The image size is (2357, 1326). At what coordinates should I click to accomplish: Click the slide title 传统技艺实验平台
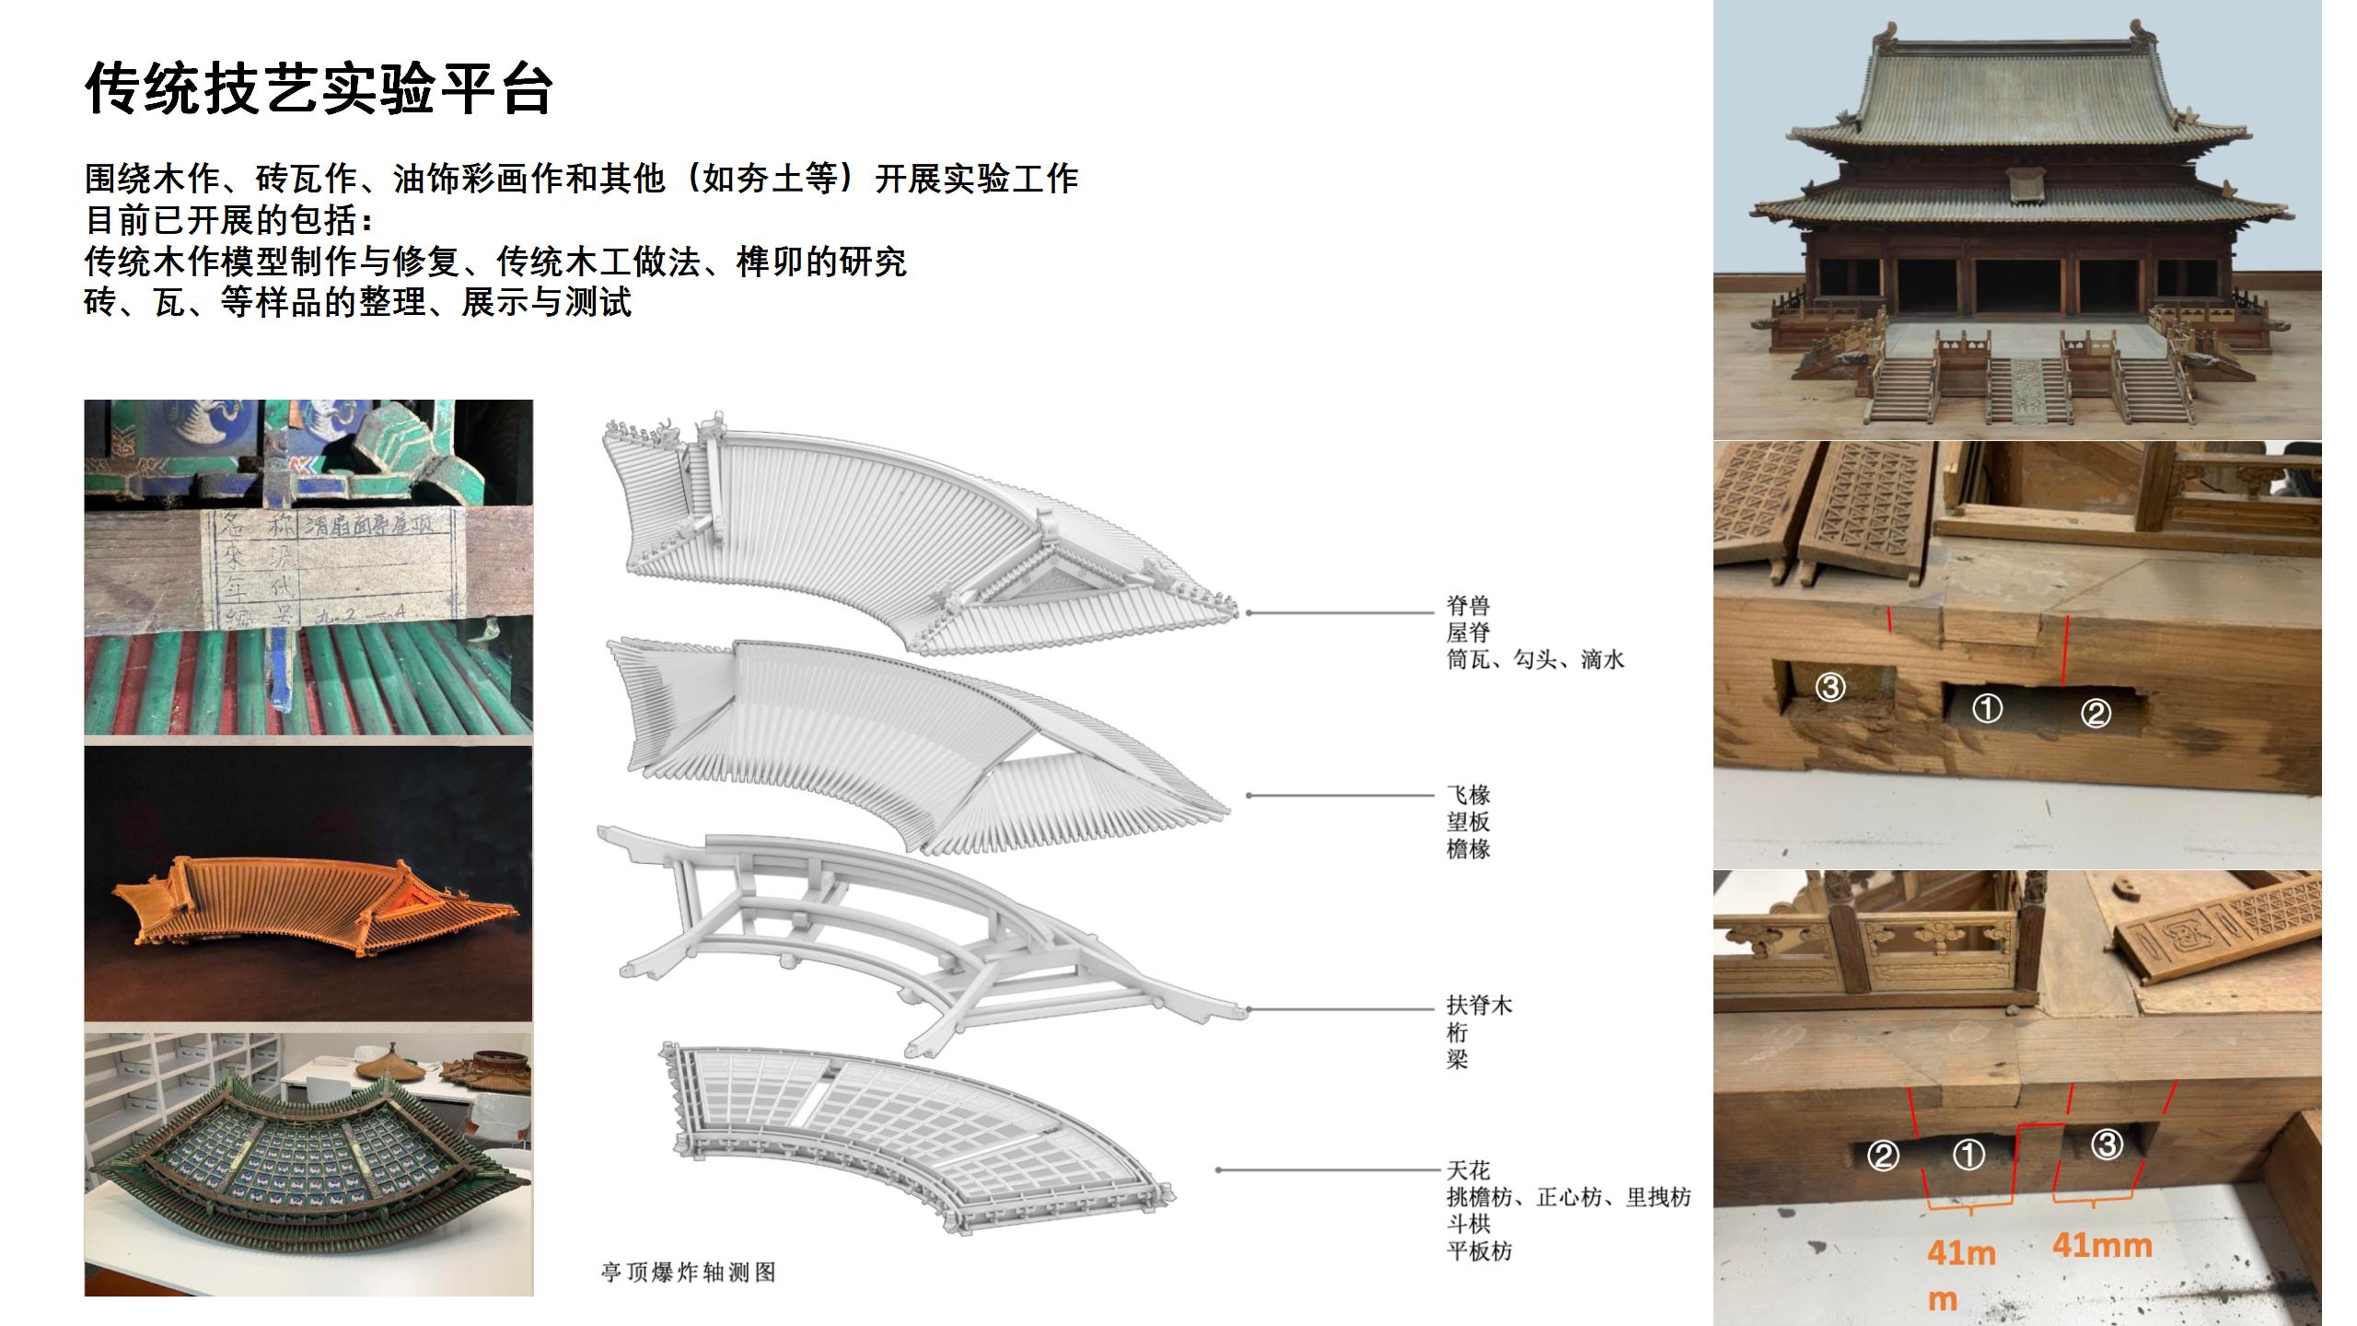click(319, 89)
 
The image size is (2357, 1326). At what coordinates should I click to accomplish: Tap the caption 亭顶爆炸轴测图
click(688, 1273)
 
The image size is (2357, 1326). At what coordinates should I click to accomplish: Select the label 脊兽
click(1468, 606)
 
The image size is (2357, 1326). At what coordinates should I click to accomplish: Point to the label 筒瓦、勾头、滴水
click(1535, 659)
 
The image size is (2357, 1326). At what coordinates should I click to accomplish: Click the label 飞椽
click(1468, 795)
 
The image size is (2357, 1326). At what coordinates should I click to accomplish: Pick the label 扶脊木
click(1479, 1005)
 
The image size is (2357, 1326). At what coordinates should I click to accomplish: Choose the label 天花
click(1468, 1170)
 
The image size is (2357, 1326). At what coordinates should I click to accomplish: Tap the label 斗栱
click(1468, 1224)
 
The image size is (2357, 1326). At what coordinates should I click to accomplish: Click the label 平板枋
click(1479, 1251)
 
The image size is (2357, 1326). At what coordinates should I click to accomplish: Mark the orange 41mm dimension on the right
click(2102, 1246)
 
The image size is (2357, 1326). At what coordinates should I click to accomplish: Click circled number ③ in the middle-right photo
click(1830, 687)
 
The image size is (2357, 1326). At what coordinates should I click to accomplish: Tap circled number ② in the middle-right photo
click(2096, 713)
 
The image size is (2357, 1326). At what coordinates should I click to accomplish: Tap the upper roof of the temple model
click(2016, 92)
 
